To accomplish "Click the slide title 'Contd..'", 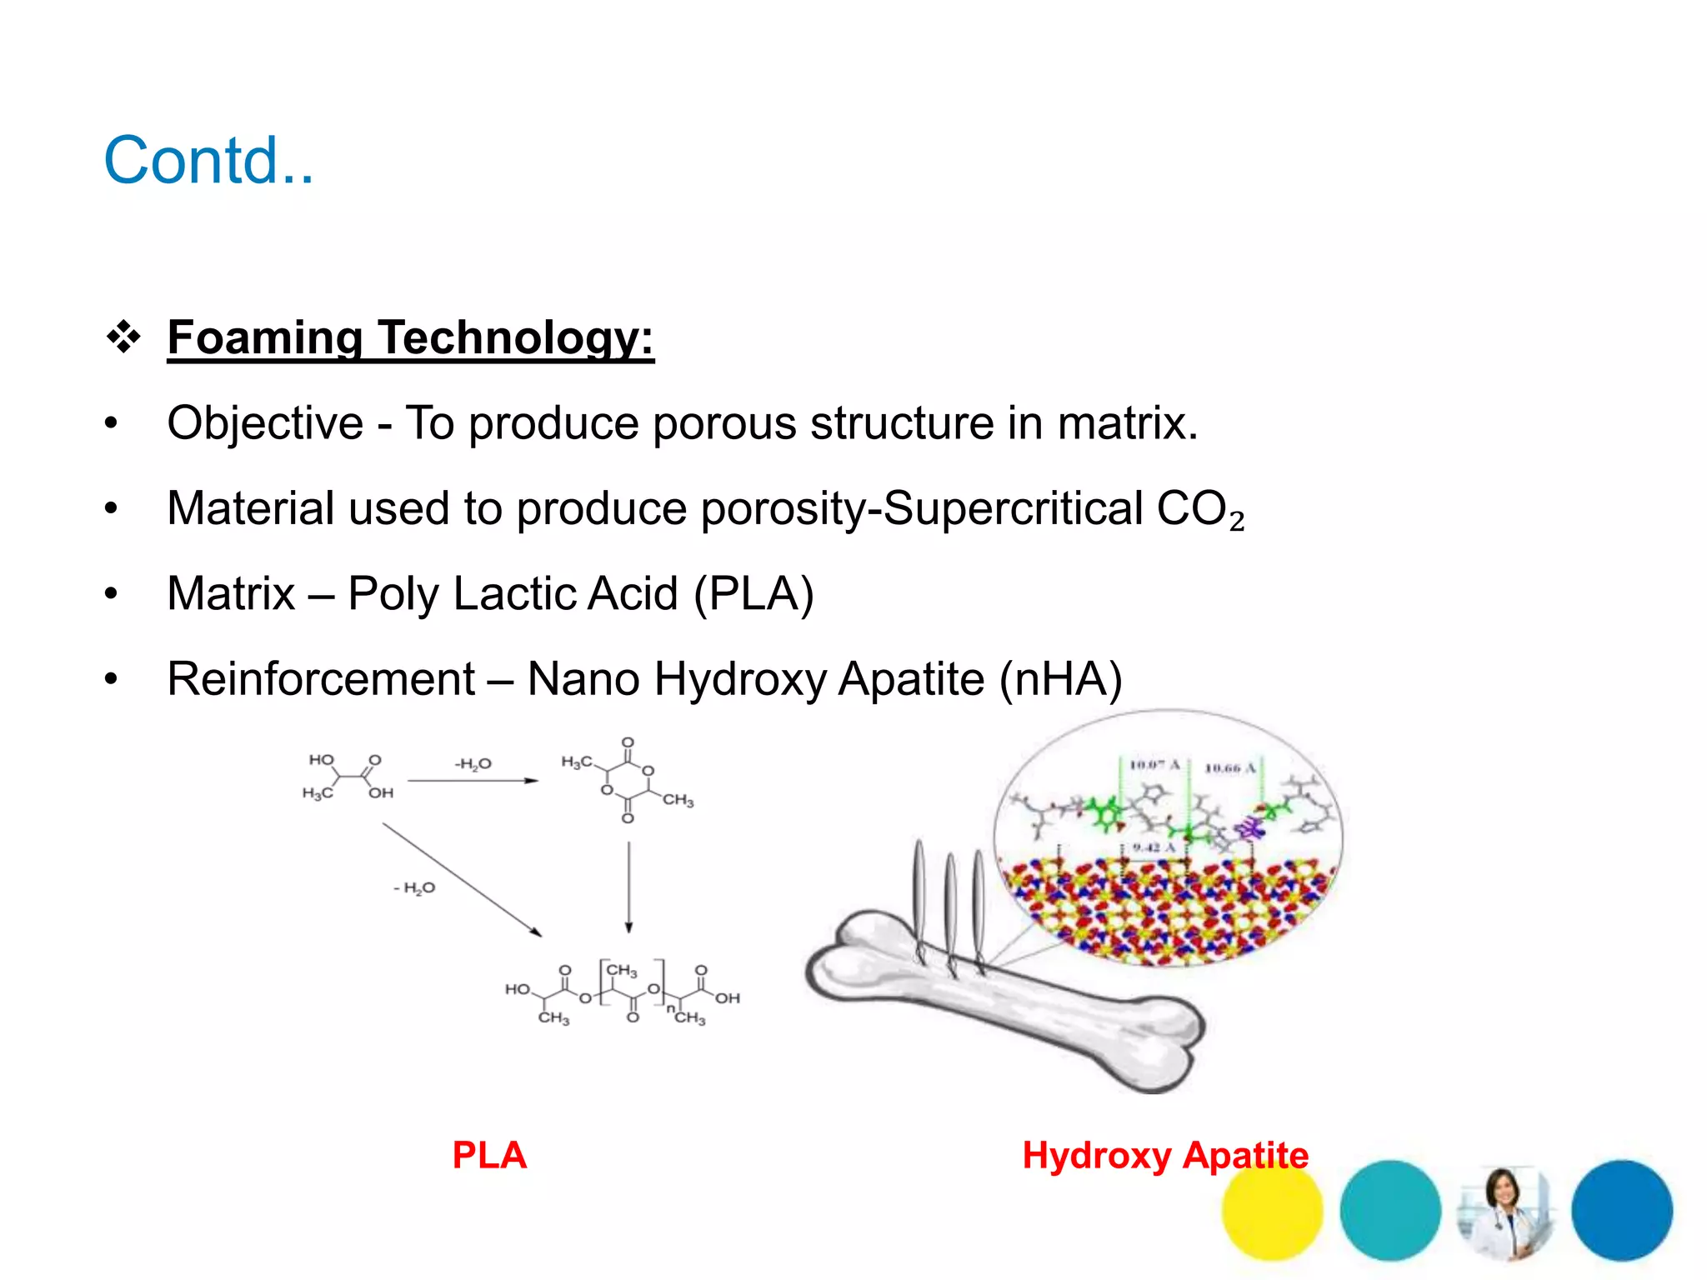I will pos(208,160).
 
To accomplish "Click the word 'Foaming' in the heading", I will pos(264,338).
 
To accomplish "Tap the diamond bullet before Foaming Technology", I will pos(123,337).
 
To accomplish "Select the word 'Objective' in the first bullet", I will pos(265,423).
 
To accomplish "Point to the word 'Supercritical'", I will pos(1013,508).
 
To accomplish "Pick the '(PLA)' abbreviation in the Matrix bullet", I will pos(753,594).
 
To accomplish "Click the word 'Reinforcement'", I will pos(321,679).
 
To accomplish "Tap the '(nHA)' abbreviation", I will pos(1060,679).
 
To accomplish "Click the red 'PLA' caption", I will pos(489,1156).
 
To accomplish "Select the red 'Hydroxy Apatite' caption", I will pos(1165,1156).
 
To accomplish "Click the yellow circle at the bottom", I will pos(1272,1212).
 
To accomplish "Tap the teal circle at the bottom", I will pos(1389,1210).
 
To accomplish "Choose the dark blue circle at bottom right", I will pos(1621,1210).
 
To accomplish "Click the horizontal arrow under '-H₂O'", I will pos(473,781).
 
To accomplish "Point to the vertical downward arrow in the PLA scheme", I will pos(628,887).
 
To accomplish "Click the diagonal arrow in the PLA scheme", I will pos(462,880).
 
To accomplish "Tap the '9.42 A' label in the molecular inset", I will pos(1153,847).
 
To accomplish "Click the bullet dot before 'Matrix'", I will pos(112,594).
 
